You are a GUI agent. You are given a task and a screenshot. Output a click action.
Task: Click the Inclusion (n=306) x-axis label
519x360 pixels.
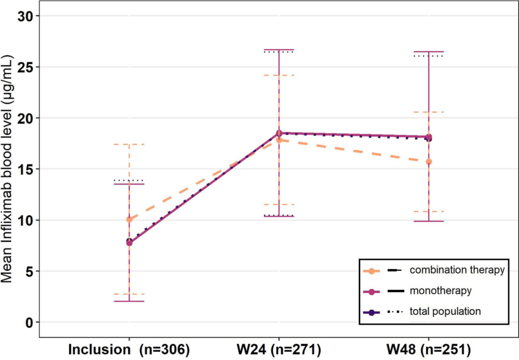129,349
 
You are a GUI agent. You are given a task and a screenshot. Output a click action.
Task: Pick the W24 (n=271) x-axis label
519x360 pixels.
279,349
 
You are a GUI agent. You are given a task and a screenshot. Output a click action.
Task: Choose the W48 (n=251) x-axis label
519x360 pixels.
429,349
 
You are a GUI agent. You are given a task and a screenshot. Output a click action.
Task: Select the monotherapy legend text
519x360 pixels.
441,291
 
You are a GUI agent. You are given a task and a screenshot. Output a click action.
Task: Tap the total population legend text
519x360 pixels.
445,311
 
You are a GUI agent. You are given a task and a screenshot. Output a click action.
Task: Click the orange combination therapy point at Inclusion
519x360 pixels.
129,220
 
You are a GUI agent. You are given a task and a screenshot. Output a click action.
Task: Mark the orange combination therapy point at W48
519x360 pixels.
429,162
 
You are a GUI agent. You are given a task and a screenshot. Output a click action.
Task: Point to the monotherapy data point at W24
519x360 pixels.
279,133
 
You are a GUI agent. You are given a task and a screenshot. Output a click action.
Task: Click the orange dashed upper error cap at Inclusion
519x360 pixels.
129,145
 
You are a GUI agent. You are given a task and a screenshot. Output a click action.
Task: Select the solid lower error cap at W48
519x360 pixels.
429,221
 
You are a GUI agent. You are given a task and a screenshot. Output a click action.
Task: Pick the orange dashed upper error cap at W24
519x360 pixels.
279,75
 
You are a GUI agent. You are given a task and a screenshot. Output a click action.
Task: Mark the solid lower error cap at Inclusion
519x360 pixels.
129,301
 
